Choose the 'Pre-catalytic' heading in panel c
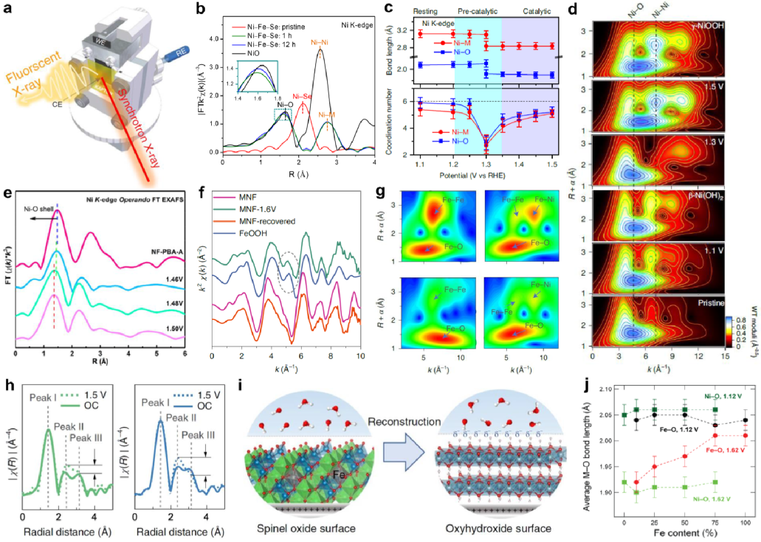tap(478, 13)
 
